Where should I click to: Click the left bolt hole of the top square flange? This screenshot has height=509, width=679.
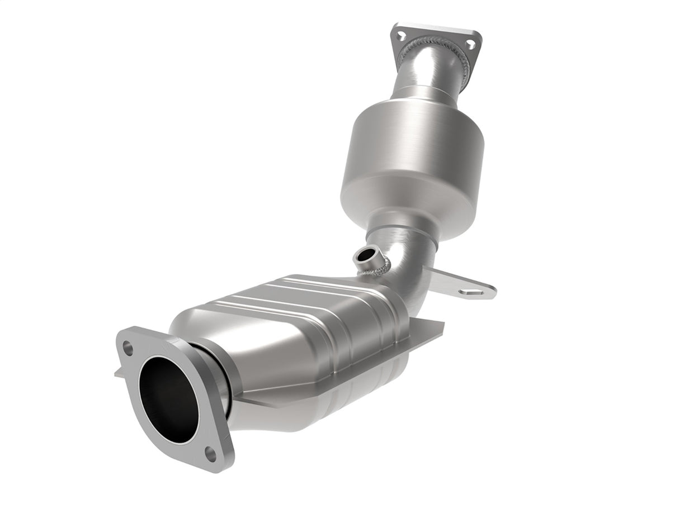(x=401, y=35)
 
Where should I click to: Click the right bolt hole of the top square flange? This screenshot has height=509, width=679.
(x=471, y=44)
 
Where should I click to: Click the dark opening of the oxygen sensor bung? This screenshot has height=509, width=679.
(x=365, y=256)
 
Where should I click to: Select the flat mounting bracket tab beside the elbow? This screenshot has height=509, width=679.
(x=459, y=285)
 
